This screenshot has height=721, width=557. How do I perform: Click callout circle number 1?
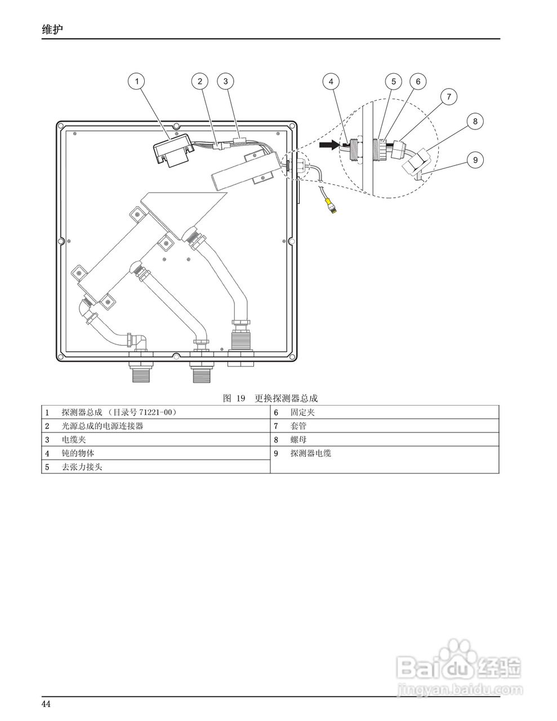click(x=136, y=81)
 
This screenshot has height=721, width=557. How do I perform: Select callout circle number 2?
click(x=199, y=81)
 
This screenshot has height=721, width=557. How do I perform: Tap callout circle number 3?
click(x=225, y=81)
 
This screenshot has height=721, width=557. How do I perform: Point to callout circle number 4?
click(x=331, y=81)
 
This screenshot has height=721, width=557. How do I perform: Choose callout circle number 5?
click(x=394, y=81)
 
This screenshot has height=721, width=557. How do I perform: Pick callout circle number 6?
click(x=418, y=81)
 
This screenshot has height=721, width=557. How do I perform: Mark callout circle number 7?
click(x=449, y=97)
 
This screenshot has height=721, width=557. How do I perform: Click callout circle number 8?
click(x=475, y=121)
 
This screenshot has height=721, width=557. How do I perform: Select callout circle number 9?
click(x=475, y=160)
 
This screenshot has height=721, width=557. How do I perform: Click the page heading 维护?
click(x=52, y=29)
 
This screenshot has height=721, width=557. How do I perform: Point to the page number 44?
click(x=46, y=704)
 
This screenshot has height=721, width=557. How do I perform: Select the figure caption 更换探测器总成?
click(x=286, y=398)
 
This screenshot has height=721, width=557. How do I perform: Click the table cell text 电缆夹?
click(x=73, y=439)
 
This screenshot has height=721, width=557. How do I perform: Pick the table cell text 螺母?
click(x=298, y=439)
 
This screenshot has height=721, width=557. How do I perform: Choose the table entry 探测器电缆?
click(x=310, y=453)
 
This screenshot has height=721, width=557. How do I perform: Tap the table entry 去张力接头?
click(x=82, y=467)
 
